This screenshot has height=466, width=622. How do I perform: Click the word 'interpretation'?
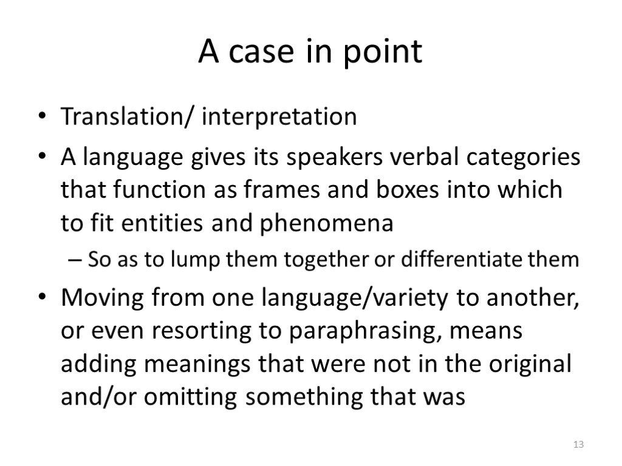(279, 116)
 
